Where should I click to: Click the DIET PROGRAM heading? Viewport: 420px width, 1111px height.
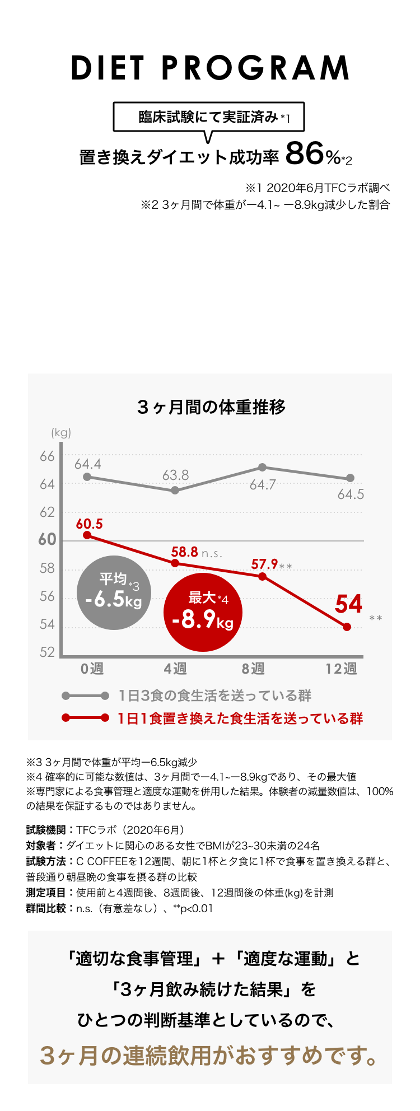point(210,68)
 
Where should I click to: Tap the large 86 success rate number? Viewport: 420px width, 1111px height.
point(304,153)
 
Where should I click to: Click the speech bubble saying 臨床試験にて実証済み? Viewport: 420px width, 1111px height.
point(208,117)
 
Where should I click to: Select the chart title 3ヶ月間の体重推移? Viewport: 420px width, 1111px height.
point(211,407)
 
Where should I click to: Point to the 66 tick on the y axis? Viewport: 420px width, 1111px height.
point(47,456)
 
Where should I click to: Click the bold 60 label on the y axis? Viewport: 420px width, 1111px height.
point(47,540)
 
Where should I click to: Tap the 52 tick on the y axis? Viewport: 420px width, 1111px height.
point(47,652)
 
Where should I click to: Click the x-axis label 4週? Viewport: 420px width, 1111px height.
point(175,669)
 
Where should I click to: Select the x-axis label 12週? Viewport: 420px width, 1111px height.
point(341,669)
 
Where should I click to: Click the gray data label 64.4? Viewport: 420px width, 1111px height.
point(87,464)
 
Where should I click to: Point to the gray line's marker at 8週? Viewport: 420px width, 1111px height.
point(262,467)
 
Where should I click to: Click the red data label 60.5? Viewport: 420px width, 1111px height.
point(89,524)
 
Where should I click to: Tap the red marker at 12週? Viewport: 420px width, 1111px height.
point(347,627)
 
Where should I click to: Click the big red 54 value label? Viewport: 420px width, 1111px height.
point(348,604)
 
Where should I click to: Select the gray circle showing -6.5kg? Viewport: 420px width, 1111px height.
point(114,593)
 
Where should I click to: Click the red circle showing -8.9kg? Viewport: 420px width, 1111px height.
point(203,613)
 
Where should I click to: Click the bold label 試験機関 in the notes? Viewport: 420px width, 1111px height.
point(46,830)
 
